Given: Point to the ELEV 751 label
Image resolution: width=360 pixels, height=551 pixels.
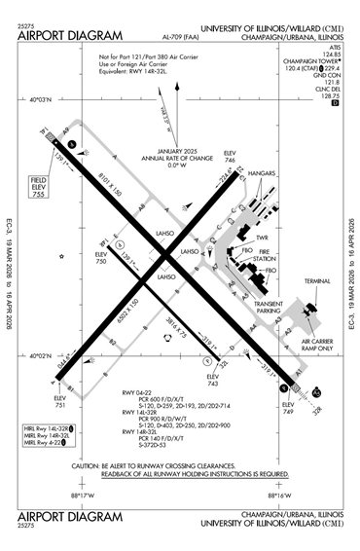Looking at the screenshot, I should pos(60,399).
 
